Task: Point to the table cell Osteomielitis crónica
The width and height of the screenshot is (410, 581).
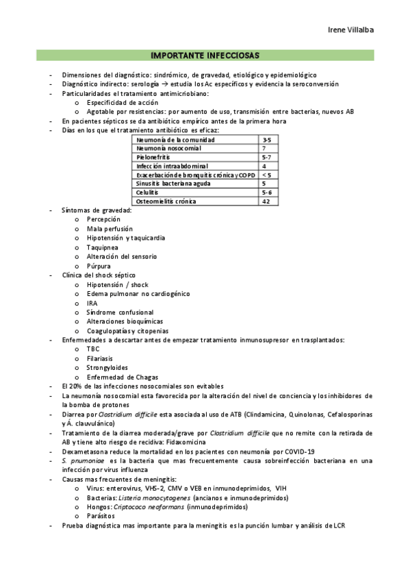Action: [x=166, y=201]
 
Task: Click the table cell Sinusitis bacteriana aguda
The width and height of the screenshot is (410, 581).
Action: [x=171, y=184]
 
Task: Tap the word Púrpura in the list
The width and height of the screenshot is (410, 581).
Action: [x=99, y=266]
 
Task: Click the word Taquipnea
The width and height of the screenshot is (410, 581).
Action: [x=102, y=247]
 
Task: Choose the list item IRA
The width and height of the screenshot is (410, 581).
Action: [x=92, y=303]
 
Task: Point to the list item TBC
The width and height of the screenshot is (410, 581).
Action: [x=93, y=349]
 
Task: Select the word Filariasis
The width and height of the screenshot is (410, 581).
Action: [x=100, y=358]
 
